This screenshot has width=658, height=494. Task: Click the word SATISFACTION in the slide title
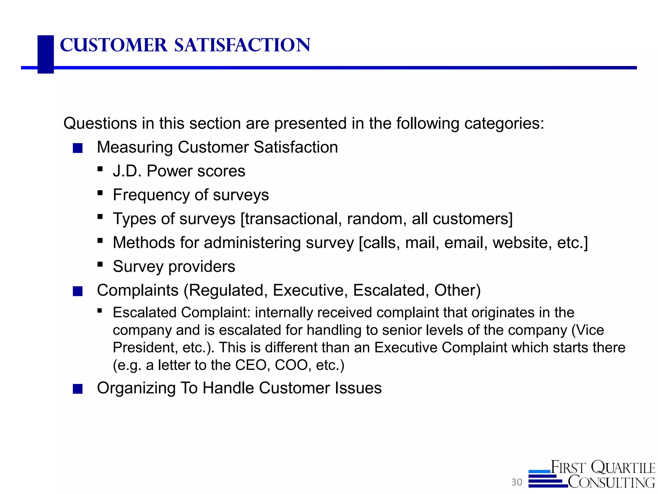tap(242, 45)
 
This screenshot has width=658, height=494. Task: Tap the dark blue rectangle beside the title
tap(46, 54)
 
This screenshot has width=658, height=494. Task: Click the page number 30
tap(517, 482)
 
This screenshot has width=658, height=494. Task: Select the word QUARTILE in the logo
tap(623, 468)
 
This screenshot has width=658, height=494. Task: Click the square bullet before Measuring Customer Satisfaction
tap(78, 148)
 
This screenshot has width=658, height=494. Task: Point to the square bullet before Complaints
tap(78, 291)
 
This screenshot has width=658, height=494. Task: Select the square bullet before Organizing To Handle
tap(78, 389)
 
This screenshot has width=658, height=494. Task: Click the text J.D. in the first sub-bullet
tap(127, 171)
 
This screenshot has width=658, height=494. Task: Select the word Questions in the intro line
tap(100, 123)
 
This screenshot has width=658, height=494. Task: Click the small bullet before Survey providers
tap(100, 265)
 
